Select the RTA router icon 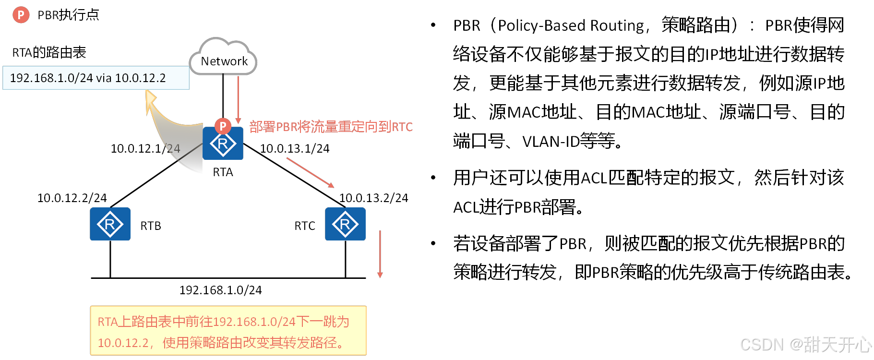pos(223,143)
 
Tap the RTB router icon pos(110,224)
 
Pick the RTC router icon pos(345,224)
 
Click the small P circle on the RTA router pos(223,126)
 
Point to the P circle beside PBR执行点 pos(21,15)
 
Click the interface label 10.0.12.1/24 pos(145,149)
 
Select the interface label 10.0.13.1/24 pos(295,149)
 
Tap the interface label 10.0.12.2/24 pos(72,198)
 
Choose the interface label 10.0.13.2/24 pos(373,198)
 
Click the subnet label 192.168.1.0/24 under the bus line pos(220,290)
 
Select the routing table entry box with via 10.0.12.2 pos(96,78)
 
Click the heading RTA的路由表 pos(49,52)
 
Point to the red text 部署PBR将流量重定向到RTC pos(331,127)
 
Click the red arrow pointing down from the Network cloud pos(238,99)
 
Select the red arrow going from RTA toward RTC pos(310,173)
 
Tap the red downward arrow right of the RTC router pos(380,254)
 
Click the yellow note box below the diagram pos(228,331)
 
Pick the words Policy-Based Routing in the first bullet pos(571,25)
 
